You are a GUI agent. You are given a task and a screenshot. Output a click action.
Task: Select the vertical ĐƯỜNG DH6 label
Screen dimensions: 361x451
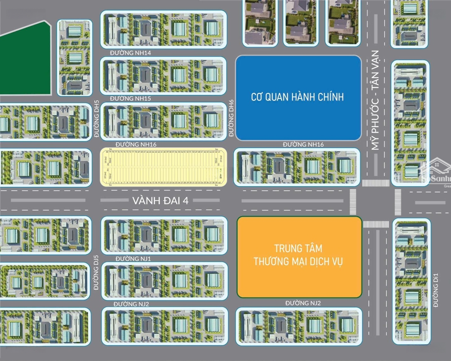tap(231, 119)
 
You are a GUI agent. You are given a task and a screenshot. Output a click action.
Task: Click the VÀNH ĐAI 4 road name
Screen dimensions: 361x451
tap(161, 201)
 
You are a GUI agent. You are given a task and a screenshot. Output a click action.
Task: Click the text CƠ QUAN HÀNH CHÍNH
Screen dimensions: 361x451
tap(297, 97)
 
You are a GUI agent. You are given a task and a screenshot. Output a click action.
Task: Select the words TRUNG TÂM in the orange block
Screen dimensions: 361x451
tap(299, 249)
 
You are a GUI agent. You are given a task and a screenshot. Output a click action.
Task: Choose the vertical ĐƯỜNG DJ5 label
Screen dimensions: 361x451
tap(96, 277)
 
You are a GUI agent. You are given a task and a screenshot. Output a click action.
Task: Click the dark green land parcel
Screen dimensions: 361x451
tap(25, 58)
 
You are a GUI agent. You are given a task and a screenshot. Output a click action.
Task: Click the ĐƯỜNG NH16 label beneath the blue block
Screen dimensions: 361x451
tap(303, 144)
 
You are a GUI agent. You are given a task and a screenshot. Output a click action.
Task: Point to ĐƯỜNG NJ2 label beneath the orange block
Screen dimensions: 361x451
tap(303, 303)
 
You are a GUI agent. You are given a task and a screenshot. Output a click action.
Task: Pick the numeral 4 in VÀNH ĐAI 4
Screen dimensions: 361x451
tap(186, 201)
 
